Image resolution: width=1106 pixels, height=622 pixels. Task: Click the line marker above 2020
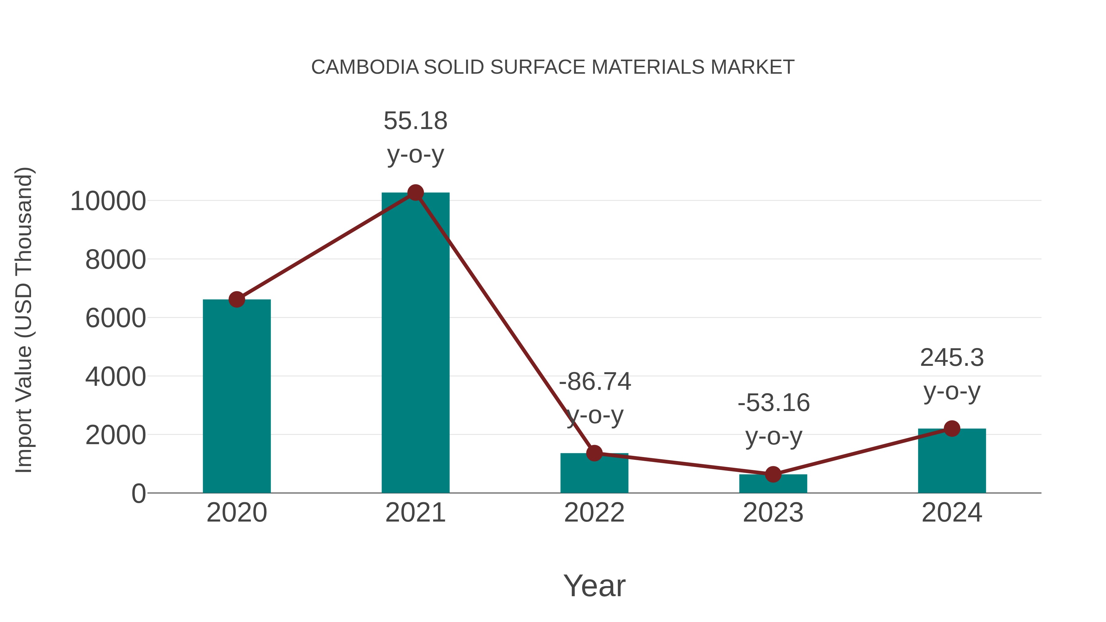(x=237, y=299)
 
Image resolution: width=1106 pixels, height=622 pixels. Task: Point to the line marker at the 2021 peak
(x=415, y=193)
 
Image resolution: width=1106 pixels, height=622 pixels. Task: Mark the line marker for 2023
(x=773, y=474)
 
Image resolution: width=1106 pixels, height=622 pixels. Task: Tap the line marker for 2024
(x=952, y=428)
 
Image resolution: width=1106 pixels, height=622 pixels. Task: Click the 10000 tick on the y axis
(x=108, y=201)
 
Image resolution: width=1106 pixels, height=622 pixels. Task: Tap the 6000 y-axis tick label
(x=116, y=319)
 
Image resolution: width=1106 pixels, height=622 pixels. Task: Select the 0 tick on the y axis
(x=138, y=494)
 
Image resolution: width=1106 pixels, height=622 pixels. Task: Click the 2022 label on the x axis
(x=594, y=513)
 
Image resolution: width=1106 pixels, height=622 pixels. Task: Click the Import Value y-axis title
(x=24, y=320)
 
